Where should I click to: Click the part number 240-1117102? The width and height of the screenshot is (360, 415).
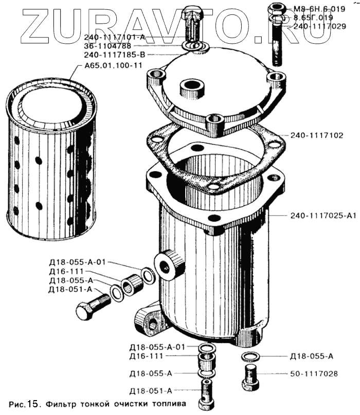tap(317, 136)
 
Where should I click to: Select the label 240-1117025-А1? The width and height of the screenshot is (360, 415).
tap(323, 215)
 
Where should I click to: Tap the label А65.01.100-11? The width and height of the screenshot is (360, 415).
tap(113, 65)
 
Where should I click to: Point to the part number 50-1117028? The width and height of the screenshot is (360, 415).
tap(314, 374)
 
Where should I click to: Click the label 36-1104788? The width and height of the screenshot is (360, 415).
tap(107, 46)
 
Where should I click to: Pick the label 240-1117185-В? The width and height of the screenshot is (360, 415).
tap(115, 55)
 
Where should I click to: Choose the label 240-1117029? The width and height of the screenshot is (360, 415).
tap(320, 26)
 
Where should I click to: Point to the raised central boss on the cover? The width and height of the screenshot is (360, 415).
tap(192, 88)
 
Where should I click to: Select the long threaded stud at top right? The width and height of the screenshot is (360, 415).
tap(276, 34)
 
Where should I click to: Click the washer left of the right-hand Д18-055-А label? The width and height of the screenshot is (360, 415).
tap(250, 356)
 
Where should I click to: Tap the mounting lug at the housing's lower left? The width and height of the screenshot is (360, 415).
tap(147, 320)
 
